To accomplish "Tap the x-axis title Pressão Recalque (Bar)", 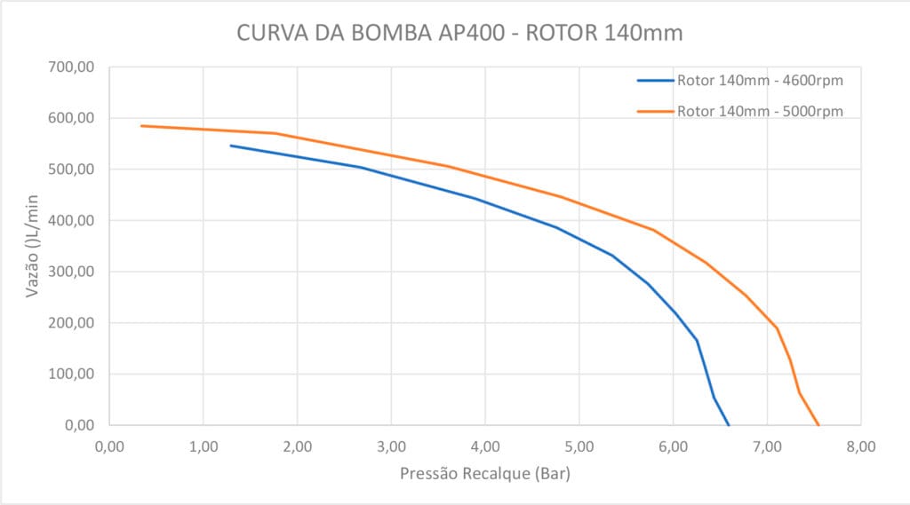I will [485, 474].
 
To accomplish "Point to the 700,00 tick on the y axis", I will [75, 67].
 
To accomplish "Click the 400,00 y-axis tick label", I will [75, 220].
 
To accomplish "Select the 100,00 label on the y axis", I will [75, 374].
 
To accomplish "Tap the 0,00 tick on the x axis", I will [109, 446].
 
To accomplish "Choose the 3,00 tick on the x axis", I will [391, 446].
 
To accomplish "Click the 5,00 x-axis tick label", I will [579, 446].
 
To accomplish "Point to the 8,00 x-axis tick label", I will [860, 446].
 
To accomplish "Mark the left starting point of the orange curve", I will [141, 126].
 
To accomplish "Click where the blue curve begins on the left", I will [231, 146].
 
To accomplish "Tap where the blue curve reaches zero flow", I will [729, 425].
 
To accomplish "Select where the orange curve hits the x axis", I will [818, 425].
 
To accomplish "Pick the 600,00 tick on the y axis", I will [75, 118].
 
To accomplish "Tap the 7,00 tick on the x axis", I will [766, 446].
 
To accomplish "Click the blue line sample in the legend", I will [655, 81].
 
